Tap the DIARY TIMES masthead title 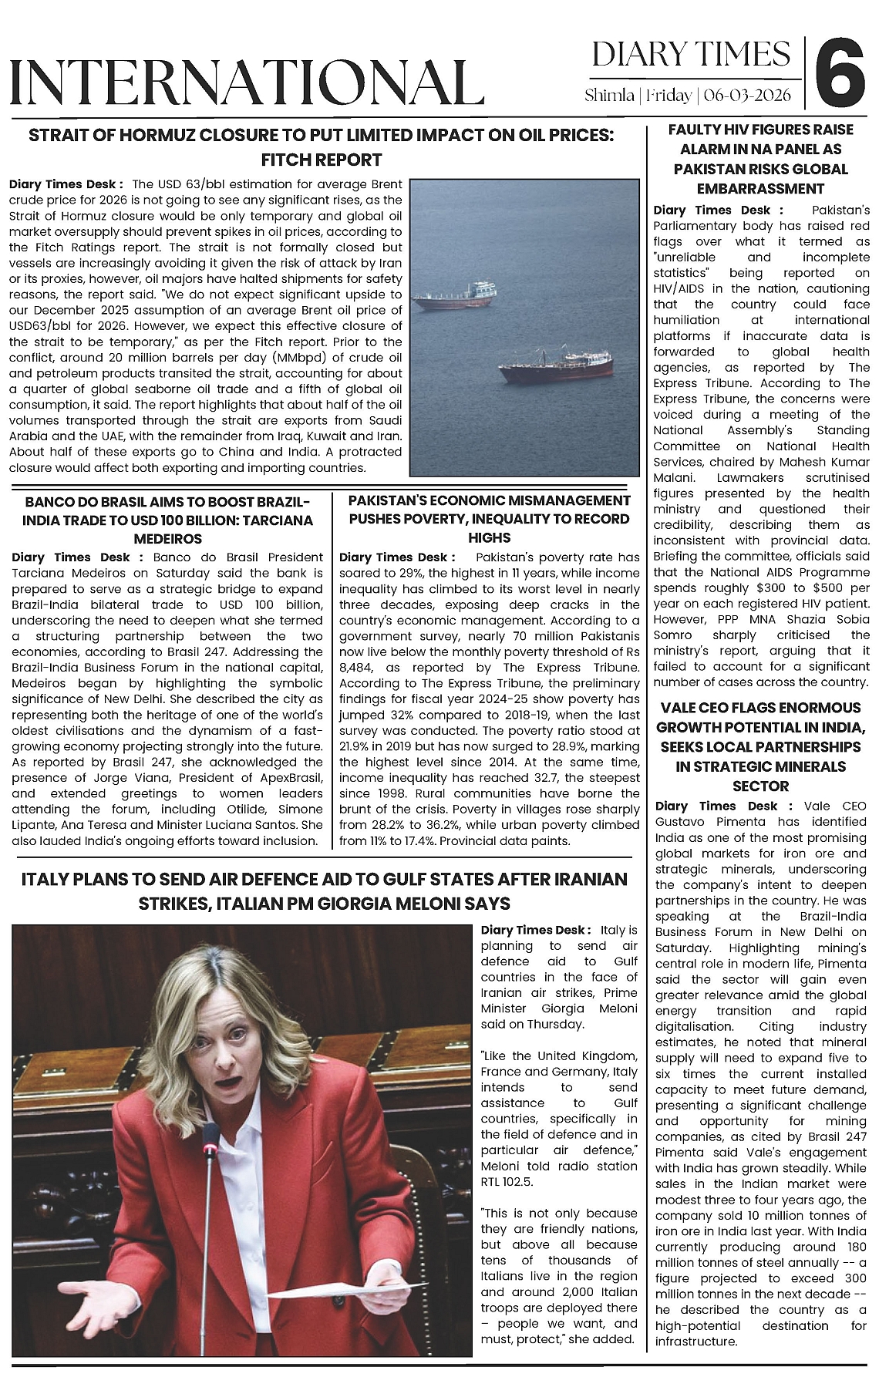(691, 55)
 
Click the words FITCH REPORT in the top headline (322, 160)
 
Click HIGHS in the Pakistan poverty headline (489, 537)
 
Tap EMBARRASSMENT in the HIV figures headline (760, 188)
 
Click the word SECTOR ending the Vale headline (760, 786)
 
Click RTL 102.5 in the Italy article (507, 1181)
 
